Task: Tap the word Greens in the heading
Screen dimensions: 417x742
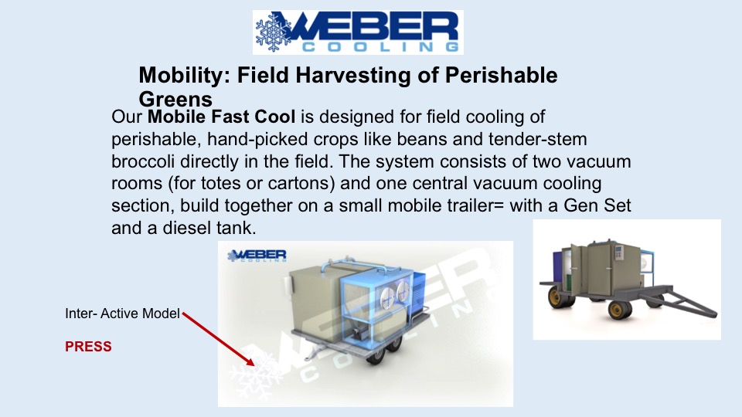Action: pos(175,99)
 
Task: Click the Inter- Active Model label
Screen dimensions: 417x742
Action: pos(122,314)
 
